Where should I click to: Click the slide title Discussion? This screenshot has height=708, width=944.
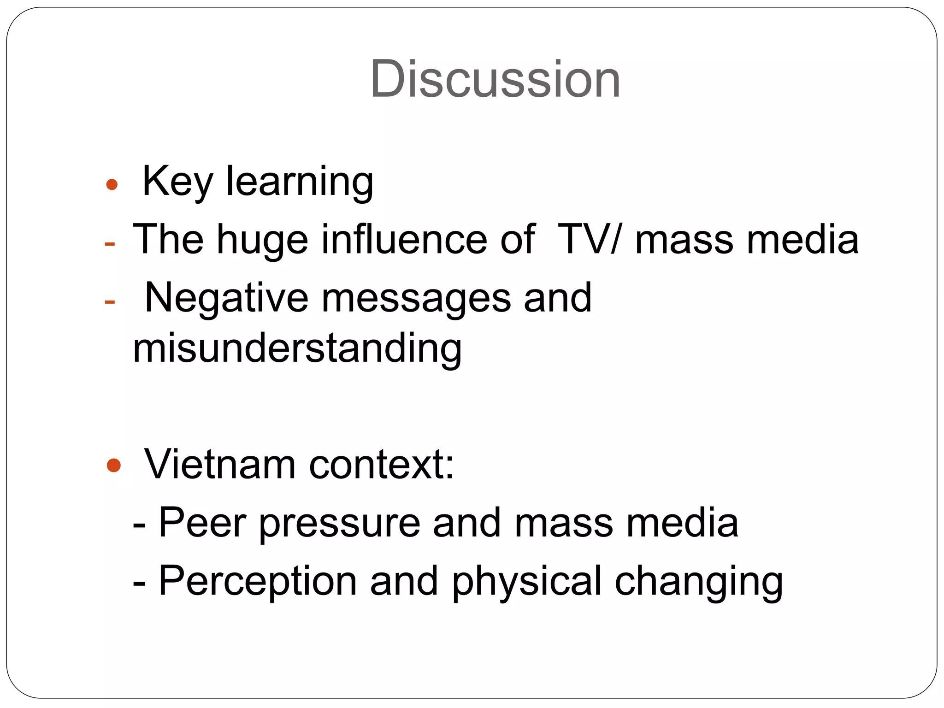point(495,79)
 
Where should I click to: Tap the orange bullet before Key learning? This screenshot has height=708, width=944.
point(112,185)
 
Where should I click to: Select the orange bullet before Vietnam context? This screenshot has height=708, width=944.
point(113,466)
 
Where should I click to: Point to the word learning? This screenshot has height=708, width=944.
point(300,182)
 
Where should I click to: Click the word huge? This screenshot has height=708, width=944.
point(262,240)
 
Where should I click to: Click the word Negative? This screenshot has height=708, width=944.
point(226,298)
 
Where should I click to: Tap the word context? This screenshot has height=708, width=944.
point(382,464)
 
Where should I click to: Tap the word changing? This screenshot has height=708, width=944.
point(699,581)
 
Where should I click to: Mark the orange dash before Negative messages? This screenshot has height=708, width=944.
point(110,302)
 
